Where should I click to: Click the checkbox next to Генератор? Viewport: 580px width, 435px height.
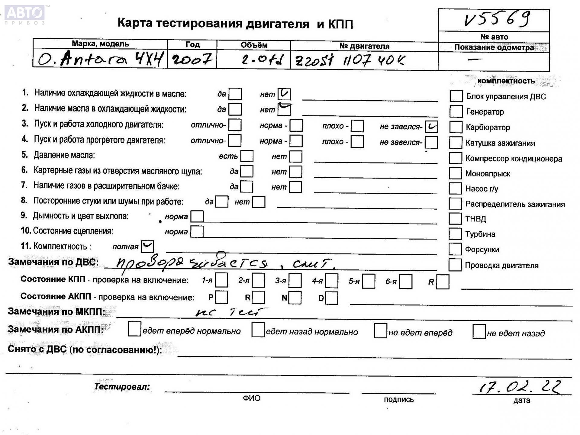point(456,111)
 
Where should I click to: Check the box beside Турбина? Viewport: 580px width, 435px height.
point(455,234)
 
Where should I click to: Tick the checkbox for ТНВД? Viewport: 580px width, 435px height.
point(455,218)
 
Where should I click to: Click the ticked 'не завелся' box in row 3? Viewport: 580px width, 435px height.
point(431,127)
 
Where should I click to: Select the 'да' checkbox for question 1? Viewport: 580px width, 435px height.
point(235,94)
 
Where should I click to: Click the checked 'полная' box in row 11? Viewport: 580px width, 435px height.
point(147,246)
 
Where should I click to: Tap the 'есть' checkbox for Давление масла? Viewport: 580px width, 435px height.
point(247,156)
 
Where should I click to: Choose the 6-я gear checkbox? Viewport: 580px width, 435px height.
point(406,282)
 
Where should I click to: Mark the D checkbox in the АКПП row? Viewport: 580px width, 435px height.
point(332,298)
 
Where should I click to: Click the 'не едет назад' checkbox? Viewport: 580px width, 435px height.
point(479,332)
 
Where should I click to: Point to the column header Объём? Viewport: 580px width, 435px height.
point(254,45)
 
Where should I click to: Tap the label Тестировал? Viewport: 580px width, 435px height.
point(122,387)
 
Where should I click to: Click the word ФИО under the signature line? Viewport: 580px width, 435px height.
point(251,398)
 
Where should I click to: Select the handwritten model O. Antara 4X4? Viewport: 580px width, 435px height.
point(100,59)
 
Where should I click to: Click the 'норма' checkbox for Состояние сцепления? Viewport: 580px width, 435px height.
point(197,232)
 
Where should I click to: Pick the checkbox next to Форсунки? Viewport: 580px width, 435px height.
point(455,249)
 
